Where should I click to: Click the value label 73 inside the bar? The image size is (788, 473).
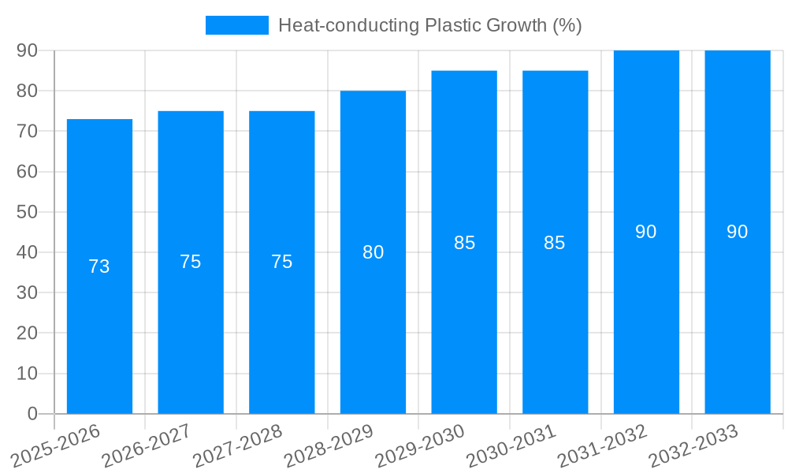click(99, 266)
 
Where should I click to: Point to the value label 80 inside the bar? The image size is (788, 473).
click(373, 252)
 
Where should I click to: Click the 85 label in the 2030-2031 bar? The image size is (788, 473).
click(555, 243)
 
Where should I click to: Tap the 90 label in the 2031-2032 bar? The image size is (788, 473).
click(646, 232)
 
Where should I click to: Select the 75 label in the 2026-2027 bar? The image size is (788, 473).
click(191, 262)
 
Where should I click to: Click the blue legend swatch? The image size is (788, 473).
click(236, 25)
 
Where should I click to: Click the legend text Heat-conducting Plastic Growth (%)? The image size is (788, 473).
click(429, 25)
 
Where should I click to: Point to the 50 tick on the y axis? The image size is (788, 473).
click(27, 212)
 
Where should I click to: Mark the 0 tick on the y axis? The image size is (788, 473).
click(32, 414)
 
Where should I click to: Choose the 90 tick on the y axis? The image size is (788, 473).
click(27, 50)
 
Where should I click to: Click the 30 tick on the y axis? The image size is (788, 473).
click(27, 292)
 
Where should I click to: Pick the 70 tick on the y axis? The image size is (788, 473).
click(27, 131)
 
